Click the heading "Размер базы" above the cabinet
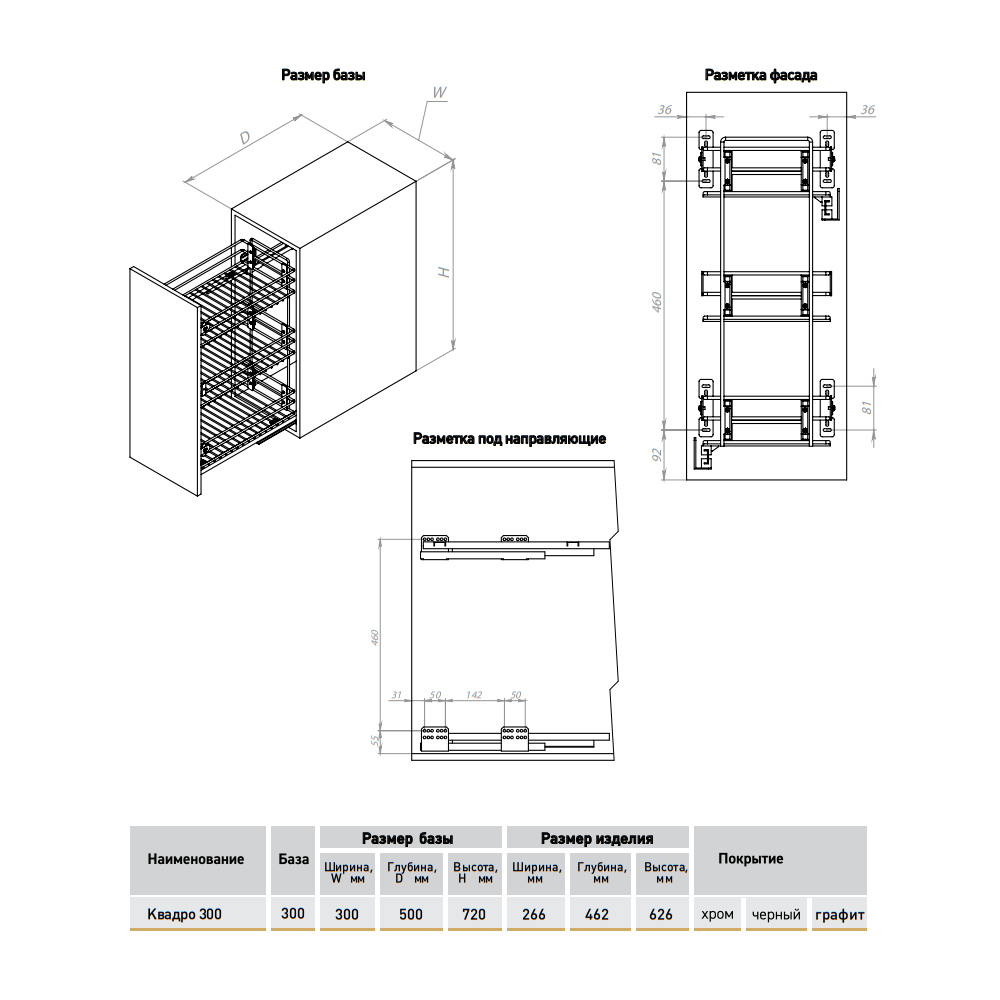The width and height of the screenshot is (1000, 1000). pyautogui.click(x=323, y=75)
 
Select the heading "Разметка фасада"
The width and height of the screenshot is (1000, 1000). pyautogui.click(x=761, y=75)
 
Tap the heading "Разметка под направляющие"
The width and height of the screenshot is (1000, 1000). pyautogui.click(x=509, y=438)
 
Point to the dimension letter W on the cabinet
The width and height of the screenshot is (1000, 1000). pyautogui.click(x=438, y=93)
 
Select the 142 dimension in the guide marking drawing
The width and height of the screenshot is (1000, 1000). pyautogui.click(x=475, y=694)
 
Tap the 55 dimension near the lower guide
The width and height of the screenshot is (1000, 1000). pyautogui.click(x=375, y=740)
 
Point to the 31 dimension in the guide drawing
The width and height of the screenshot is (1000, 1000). pyautogui.click(x=396, y=694)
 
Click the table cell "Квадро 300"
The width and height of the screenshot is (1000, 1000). pyautogui.click(x=185, y=914)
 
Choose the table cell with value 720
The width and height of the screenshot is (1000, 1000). pyautogui.click(x=474, y=914)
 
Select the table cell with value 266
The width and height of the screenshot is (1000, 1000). pyautogui.click(x=534, y=914)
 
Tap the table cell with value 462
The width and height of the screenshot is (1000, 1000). pyautogui.click(x=597, y=914)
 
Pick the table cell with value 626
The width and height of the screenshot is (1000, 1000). pyautogui.click(x=661, y=914)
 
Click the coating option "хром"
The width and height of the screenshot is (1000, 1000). pyautogui.click(x=717, y=914)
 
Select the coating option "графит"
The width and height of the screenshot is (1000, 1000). pyautogui.click(x=839, y=914)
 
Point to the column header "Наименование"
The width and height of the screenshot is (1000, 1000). pyautogui.click(x=196, y=859)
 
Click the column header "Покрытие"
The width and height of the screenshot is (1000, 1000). pyautogui.click(x=750, y=859)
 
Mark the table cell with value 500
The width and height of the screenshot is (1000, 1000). pyautogui.click(x=410, y=914)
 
